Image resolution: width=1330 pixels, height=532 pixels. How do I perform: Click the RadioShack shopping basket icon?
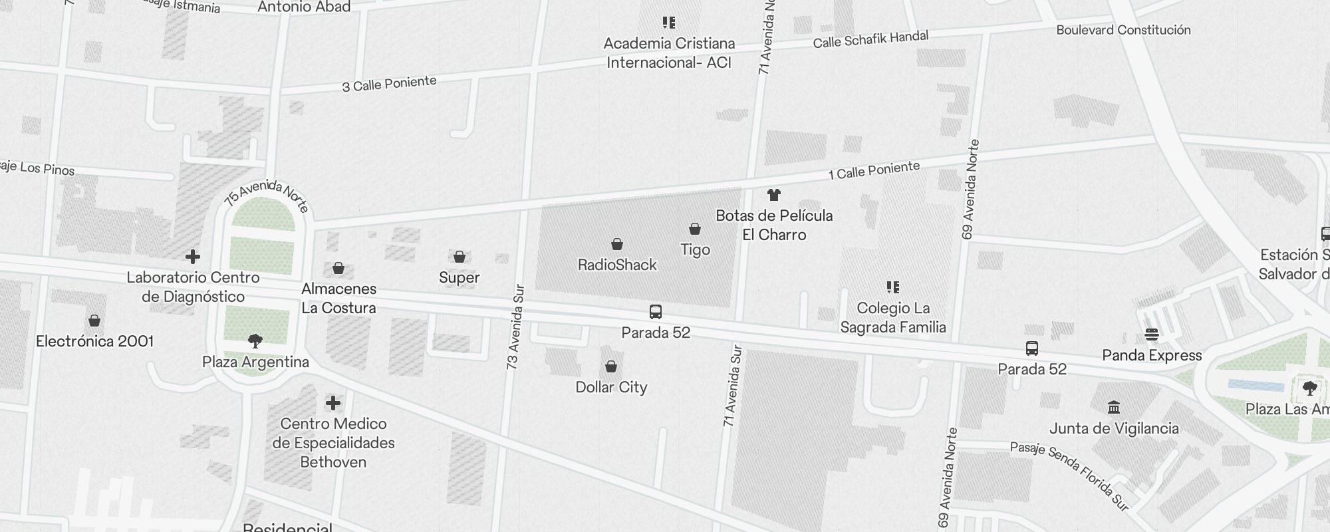[x=617, y=244]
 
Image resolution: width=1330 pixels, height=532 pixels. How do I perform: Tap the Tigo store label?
[x=695, y=250]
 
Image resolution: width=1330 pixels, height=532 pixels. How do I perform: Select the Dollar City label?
[x=611, y=387]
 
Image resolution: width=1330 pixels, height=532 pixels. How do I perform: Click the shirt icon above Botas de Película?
[x=773, y=195]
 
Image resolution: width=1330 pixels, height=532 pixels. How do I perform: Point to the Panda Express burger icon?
[x=1152, y=334]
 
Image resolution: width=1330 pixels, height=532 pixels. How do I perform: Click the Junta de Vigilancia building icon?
[x=1114, y=407]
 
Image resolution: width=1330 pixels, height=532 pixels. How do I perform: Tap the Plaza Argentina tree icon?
[x=255, y=342]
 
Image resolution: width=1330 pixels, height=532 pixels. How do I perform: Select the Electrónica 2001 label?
[x=94, y=341]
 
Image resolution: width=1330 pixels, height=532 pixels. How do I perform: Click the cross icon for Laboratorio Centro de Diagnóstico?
[x=193, y=257]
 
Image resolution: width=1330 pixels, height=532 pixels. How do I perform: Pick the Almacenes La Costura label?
[x=338, y=298]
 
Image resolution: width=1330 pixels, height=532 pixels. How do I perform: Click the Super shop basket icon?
[x=459, y=257]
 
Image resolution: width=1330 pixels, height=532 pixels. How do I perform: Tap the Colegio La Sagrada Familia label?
[x=893, y=317]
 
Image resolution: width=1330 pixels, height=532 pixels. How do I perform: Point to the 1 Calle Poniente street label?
[x=874, y=170]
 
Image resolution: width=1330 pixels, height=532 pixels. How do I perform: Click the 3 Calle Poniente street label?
[x=389, y=84]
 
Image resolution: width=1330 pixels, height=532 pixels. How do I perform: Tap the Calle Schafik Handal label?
[x=870, y=39]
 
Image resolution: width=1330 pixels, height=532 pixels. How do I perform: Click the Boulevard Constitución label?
[x=1123, y=30]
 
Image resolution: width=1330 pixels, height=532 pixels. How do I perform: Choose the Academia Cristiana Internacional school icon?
[x=669, y=23]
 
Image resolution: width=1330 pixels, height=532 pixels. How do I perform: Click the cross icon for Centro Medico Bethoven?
[x=333, y=403]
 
